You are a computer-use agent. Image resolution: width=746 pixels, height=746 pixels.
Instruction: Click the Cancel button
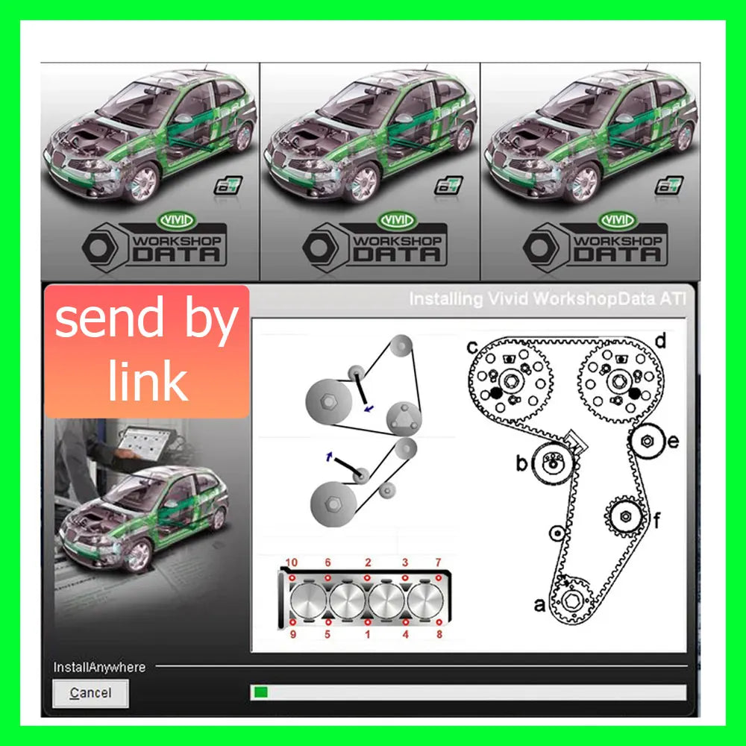pos(90,693)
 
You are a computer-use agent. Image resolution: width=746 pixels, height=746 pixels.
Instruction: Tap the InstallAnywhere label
pos(99,667)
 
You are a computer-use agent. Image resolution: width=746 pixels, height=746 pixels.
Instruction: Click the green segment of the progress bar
pos(260,693)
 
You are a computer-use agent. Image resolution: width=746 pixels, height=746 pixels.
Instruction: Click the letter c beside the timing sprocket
pos(472,347)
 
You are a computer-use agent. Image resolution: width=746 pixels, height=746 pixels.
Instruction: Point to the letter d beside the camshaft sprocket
pos(659,342)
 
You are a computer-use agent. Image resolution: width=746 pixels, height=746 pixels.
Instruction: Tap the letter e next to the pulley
pos(673,442)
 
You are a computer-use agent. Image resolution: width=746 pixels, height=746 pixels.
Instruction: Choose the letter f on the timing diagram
pos(657,520)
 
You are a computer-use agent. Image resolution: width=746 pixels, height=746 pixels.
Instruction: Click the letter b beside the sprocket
pos(522,464)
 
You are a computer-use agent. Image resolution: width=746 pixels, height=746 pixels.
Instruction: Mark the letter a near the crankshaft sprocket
pos(539,604)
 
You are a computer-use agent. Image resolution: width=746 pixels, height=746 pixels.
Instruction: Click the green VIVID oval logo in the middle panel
pos(396,220)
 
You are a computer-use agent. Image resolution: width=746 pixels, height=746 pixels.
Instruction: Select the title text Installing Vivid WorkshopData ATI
pos(547,299)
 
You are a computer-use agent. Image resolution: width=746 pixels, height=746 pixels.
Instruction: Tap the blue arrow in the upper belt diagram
pos(366,408)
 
